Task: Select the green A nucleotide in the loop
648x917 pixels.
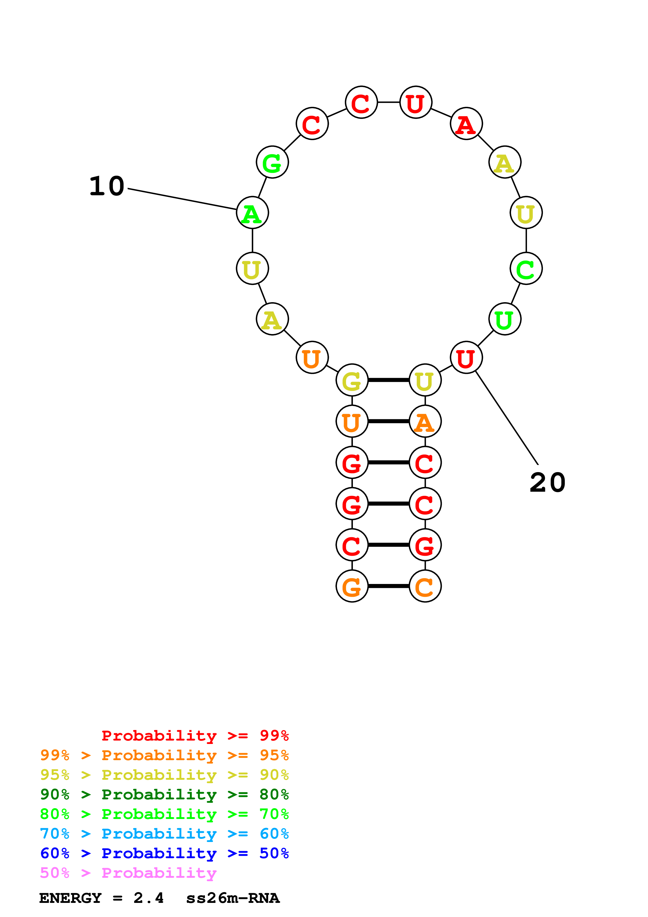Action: point(252,213)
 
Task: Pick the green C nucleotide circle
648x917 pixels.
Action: point(526,268)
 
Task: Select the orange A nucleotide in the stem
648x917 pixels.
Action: point(425,421)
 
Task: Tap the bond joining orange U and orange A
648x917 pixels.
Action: point(388,421)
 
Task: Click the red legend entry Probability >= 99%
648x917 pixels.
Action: point(195,735)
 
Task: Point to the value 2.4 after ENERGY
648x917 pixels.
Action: point(148,898)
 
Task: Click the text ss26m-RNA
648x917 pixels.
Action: point(233,898)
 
